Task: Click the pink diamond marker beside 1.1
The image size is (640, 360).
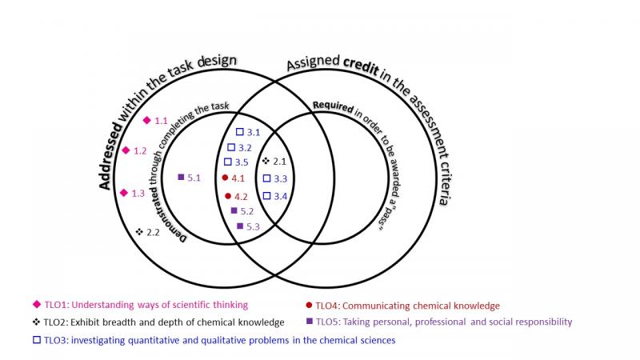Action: (x=146, y=121)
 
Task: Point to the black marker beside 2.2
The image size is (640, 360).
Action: (x=139, y=232)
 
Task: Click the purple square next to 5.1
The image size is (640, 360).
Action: (x=181, y=177)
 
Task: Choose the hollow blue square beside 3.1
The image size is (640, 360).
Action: (x=239, y=131)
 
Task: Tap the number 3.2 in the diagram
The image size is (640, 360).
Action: (x=245, y=147)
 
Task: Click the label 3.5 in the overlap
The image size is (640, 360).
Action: (x=242, y=162)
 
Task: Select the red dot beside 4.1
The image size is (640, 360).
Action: (x=225, y=178)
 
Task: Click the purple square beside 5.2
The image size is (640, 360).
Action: (x=234, y=211)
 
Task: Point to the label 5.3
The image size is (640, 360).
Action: (x=254, y=227)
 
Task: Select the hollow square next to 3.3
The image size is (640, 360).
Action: (x=266, y=178)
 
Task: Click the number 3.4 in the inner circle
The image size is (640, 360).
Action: (x=280, y=196)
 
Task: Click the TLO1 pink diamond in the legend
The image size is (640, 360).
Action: (x=35, y=305)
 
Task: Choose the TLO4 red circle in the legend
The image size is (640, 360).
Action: (x=309, y=305)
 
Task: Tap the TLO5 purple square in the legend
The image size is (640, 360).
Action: (x=309, y=322)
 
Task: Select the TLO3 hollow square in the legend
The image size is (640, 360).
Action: (x=35, y=340)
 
